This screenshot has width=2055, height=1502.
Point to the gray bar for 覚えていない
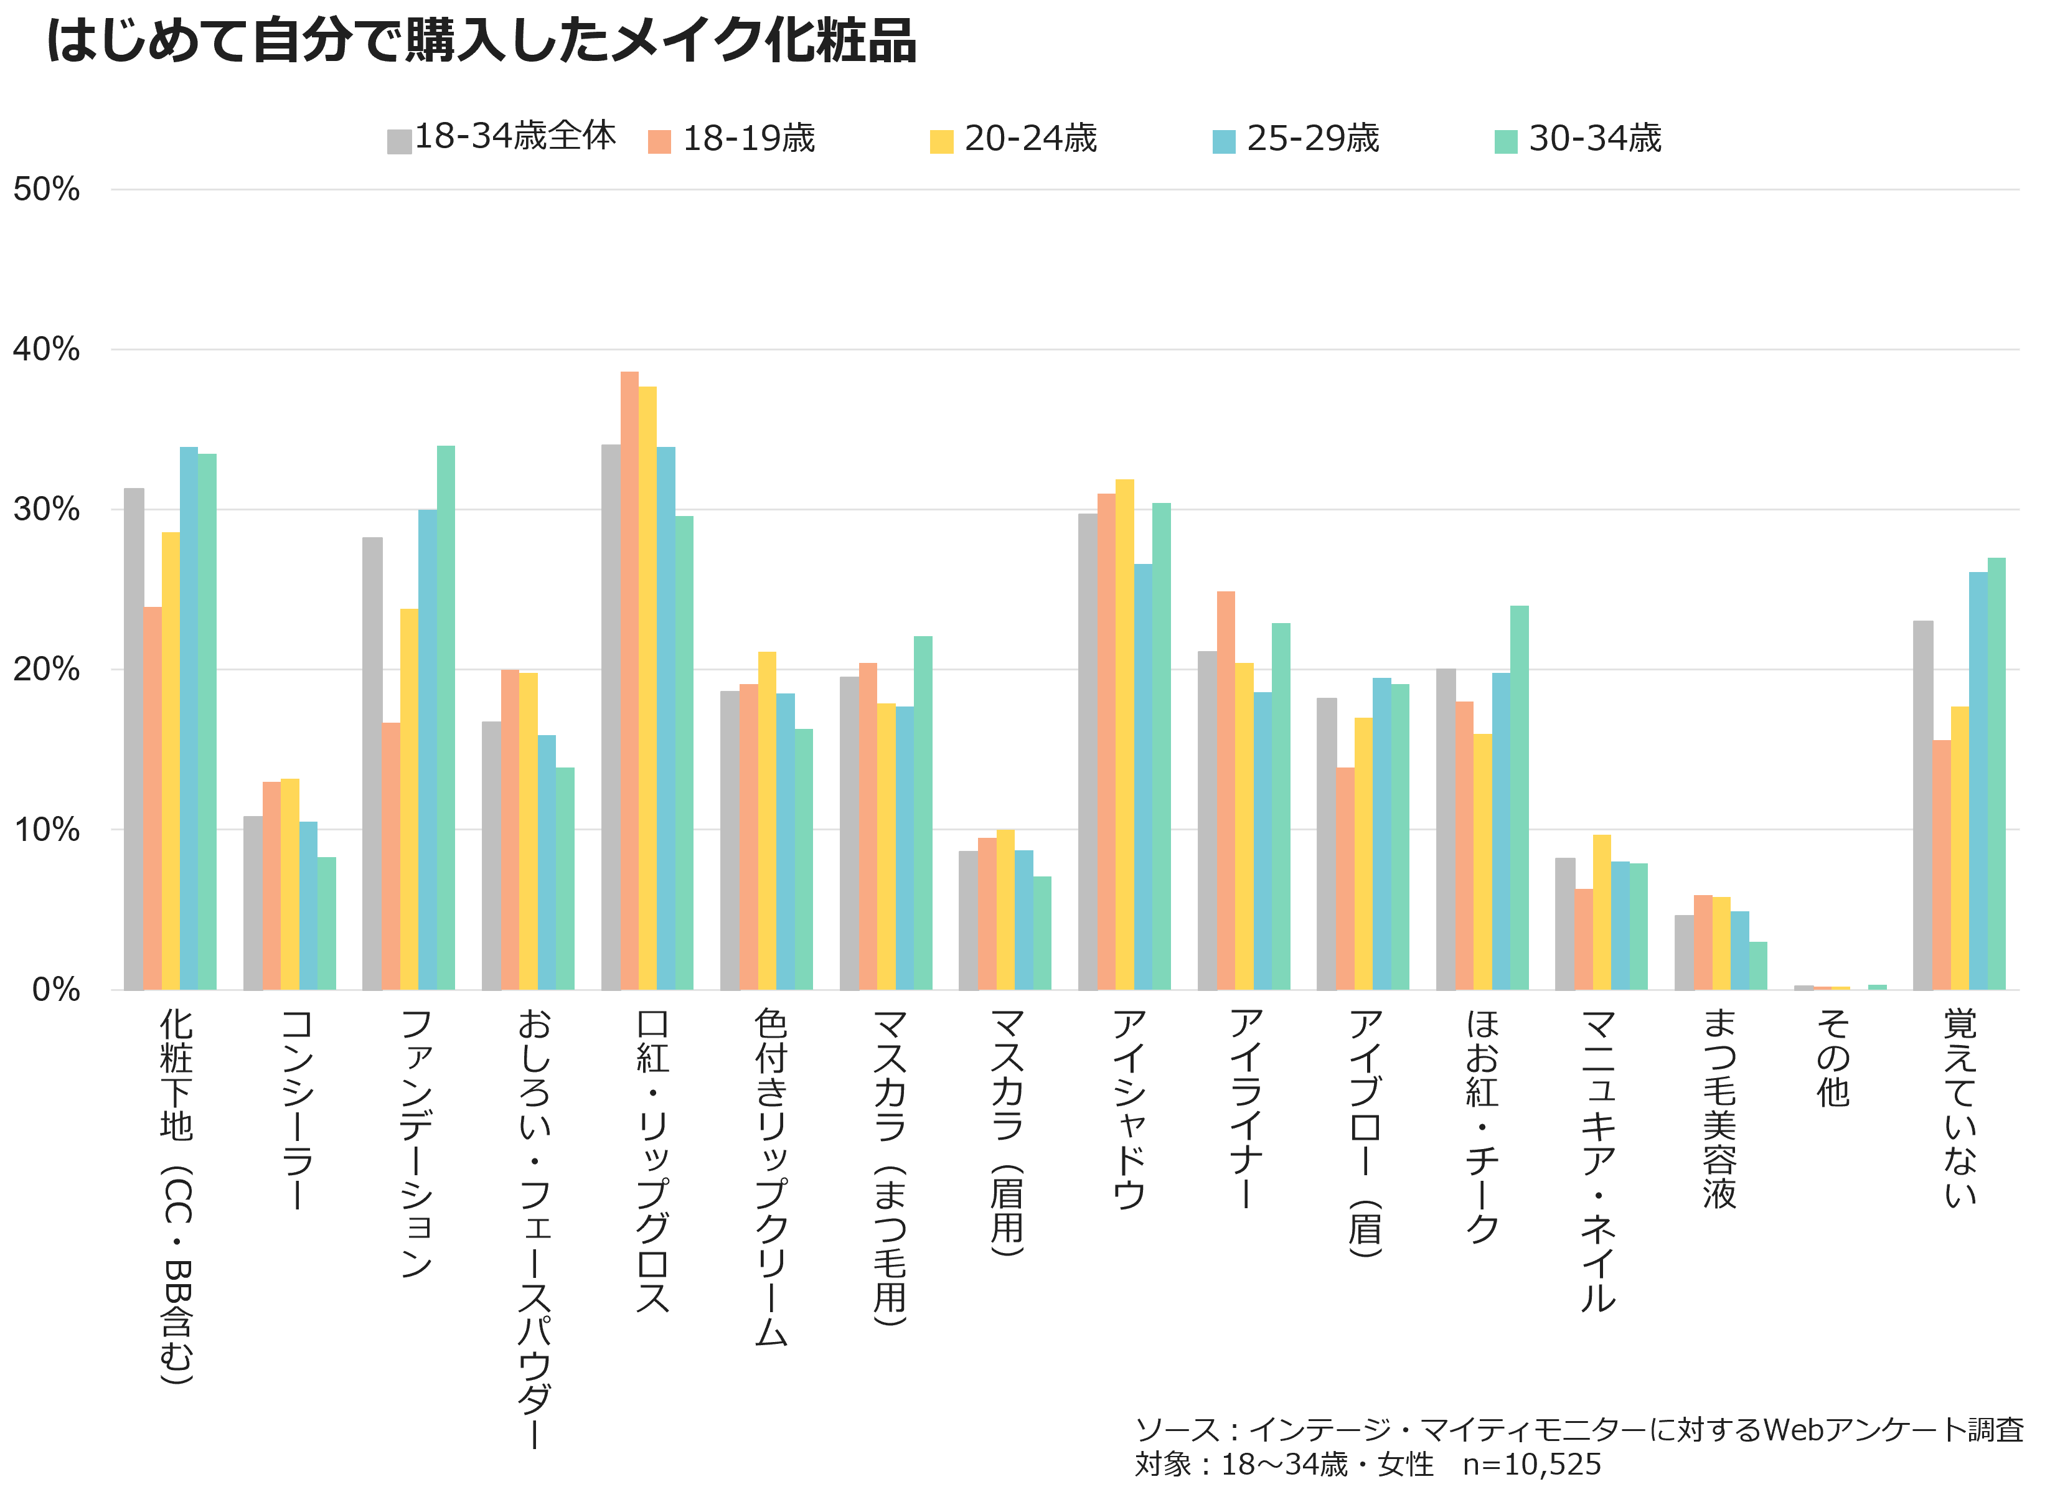(x=1922, y=805)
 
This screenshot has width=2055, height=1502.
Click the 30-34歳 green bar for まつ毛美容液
(x=1757, y=965)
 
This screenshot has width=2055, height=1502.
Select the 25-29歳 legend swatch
(x=1224, y=142)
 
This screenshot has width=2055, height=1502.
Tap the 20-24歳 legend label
(x=1030, y=138)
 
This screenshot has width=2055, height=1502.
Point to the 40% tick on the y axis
(x=46, y=349)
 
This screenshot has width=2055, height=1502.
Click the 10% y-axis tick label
(x=46, y=829)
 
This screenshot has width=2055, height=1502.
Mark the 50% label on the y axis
(x=46, y=189)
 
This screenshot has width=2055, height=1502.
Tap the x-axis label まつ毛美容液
(x=1719, y=1109)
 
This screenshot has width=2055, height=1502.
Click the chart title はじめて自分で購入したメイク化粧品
(x=481, y=42)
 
